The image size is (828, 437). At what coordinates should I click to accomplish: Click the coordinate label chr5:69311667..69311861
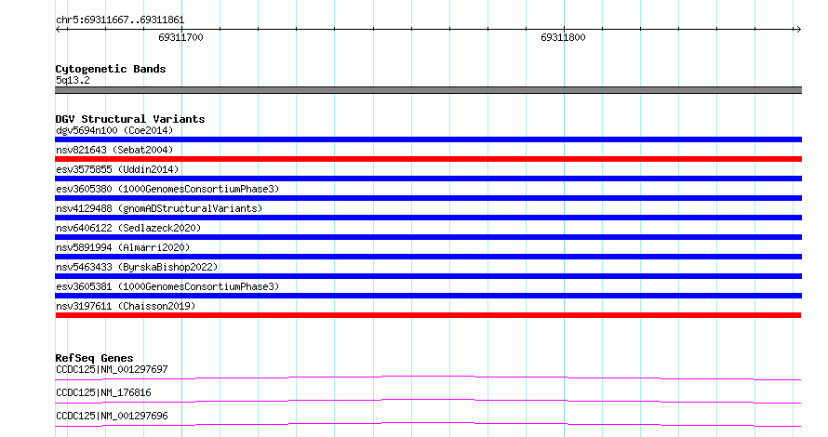pyautogui.click(x=120, y=20)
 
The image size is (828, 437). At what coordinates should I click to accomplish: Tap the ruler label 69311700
pyautogui.click(x=180, y=37)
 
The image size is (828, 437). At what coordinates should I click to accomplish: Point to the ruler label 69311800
pyautogui.click(x=563, y=37)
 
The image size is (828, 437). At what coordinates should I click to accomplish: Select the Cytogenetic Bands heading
pyautogui.click(x=111, y=69)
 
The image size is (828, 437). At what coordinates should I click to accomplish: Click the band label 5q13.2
pyautogui.click(x=73, y=80)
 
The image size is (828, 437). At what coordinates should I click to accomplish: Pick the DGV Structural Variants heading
pyautogui.click(x=130, y=119)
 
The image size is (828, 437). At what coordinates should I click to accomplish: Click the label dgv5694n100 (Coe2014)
pyautogui.click(x=114, y=130)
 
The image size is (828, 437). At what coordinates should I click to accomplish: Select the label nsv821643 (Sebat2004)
pyautogui.click(x=114, y=150)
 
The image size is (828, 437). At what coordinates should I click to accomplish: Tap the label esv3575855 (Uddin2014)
pyautogui.click(x=117, y=169)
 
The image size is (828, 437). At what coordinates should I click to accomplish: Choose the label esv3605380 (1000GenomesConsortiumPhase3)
pyautogui.click(x=167, y=189)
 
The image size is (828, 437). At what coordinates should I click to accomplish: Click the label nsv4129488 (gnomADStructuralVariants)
pyautogui.click(x=159, y=208)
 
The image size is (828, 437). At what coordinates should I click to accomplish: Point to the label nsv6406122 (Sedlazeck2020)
pyautogui.click(x=128, y=228)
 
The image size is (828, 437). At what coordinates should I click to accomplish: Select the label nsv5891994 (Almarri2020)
pyautogui.click(x=123, y=247)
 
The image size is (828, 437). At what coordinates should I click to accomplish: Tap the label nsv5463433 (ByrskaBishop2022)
pyautogui.click(x=137, y=267)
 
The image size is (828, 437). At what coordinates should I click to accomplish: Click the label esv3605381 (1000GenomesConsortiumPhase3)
pyautogui.click(x=167, y=286)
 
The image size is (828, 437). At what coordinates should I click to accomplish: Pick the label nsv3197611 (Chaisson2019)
pyautogui.click(x=126, y=306)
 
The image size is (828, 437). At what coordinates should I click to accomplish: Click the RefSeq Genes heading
pyautogui.click(x=94, y=358)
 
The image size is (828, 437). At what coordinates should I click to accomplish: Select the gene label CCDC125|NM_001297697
pyautogui.click(x=112, y=369)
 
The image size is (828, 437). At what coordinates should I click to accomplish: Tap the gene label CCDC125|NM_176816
pyautogui.click(x=103, y=392)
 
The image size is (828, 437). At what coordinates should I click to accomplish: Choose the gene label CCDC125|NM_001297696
pyautogui.click(x=112, y=416)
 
